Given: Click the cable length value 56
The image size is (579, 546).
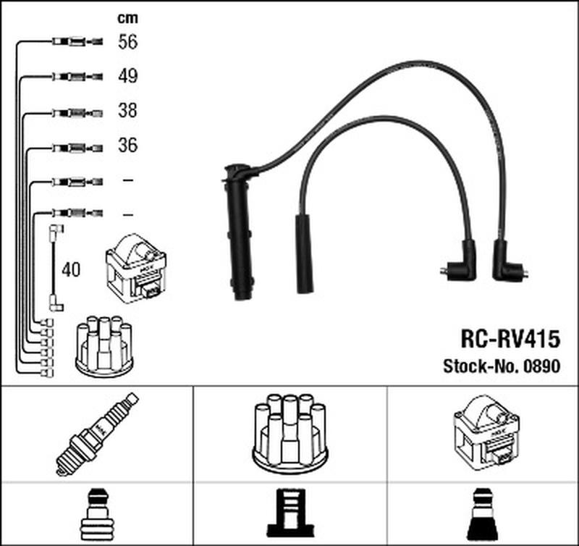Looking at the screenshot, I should pyautogui.click(x=127, y=42).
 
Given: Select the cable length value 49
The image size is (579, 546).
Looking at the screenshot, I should pyautogui.click(x=127, y=77).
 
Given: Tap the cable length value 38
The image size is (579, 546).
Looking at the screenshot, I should pyautogui.click(x=127, y=111).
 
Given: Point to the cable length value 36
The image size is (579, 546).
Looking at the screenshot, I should pyautogui.click(x=127, y=146).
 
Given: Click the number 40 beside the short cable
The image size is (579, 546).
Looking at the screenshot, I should pyautogui.click(x=72, y=270).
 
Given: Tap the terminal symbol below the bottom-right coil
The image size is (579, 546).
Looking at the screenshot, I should pyautogui.click(x=483, y=511).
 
